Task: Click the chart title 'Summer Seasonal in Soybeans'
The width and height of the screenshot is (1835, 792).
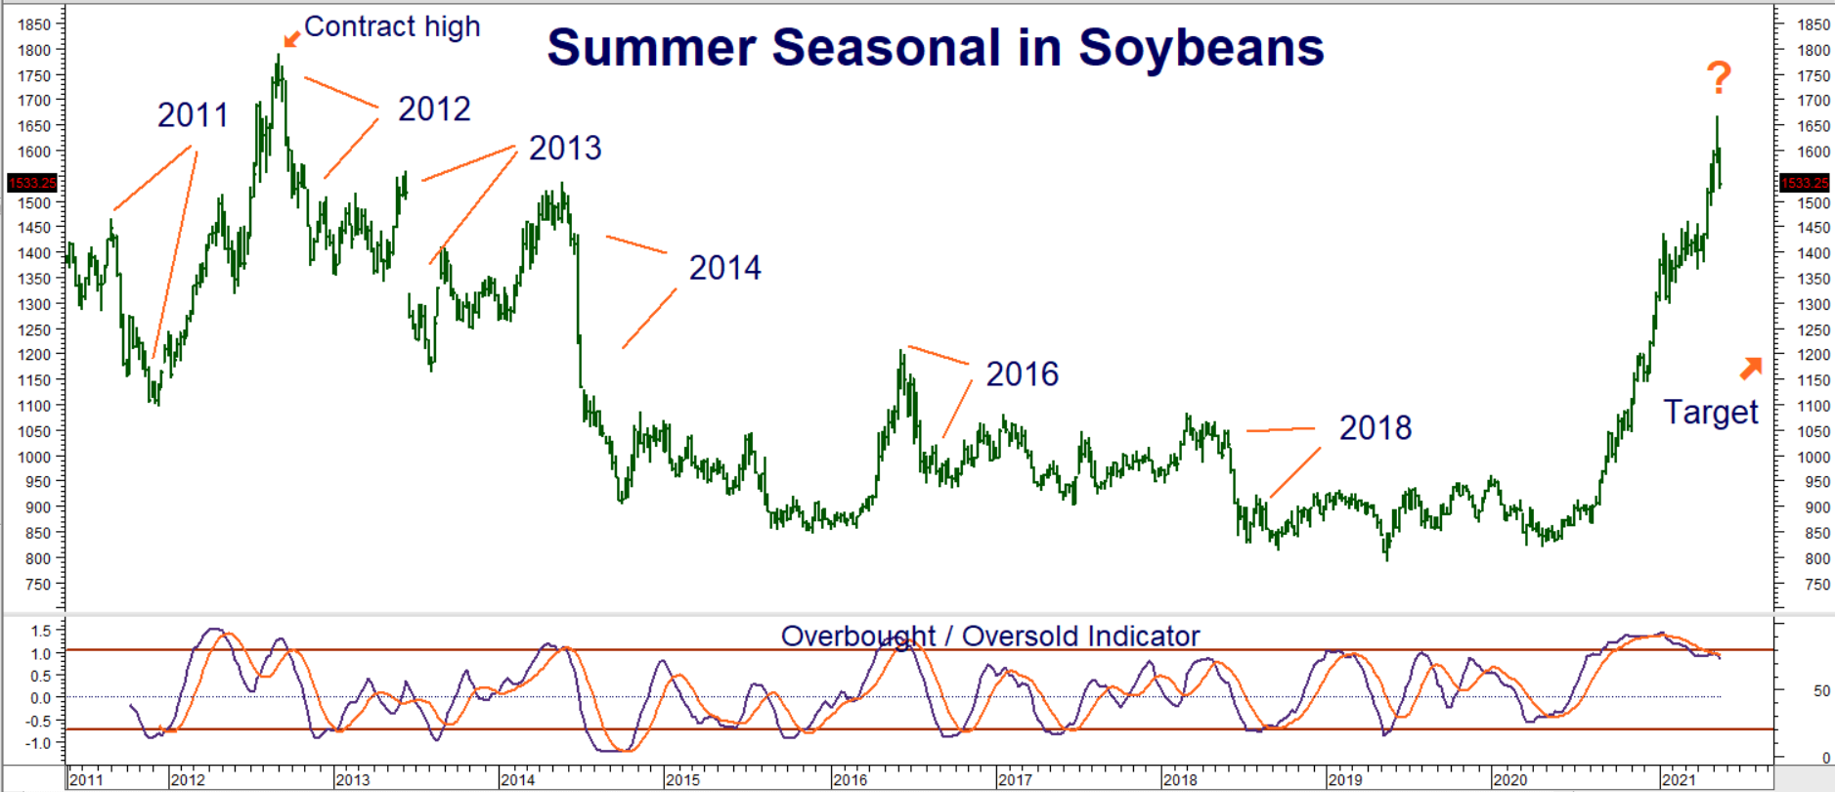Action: pos(936,48)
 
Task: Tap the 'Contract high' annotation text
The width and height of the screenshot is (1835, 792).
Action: pos(392,26)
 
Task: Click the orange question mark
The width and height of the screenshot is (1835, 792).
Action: pos(1719,77)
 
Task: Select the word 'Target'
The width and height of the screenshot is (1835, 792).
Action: pos(1711,413)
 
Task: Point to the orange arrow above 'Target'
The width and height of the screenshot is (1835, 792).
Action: pos(1751,368)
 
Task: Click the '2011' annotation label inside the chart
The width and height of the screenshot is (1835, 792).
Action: pos(193,115)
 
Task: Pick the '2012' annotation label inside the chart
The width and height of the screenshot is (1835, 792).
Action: pos(434,110)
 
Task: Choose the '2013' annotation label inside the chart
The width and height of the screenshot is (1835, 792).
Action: pos(565,149)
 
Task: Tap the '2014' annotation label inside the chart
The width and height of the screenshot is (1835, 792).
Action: pos(724,268)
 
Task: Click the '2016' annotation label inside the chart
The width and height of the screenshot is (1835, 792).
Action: pos(1022,374)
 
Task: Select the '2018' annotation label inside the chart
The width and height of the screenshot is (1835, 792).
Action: pos(1375,428)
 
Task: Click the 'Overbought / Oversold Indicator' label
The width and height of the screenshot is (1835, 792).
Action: pos(989,637)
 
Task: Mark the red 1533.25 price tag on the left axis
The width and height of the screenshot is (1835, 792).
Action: pos(32,183)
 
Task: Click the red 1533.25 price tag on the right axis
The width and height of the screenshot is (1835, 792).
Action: pos(1804,183)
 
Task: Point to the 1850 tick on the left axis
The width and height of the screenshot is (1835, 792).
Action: pos(34,24)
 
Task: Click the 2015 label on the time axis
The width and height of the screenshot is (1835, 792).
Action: pos(683,780)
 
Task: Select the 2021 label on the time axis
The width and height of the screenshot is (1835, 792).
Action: pos(1679,780)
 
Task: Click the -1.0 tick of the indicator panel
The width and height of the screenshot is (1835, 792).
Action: pos(39,743)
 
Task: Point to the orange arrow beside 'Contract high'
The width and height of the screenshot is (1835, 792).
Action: pos(291,39)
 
